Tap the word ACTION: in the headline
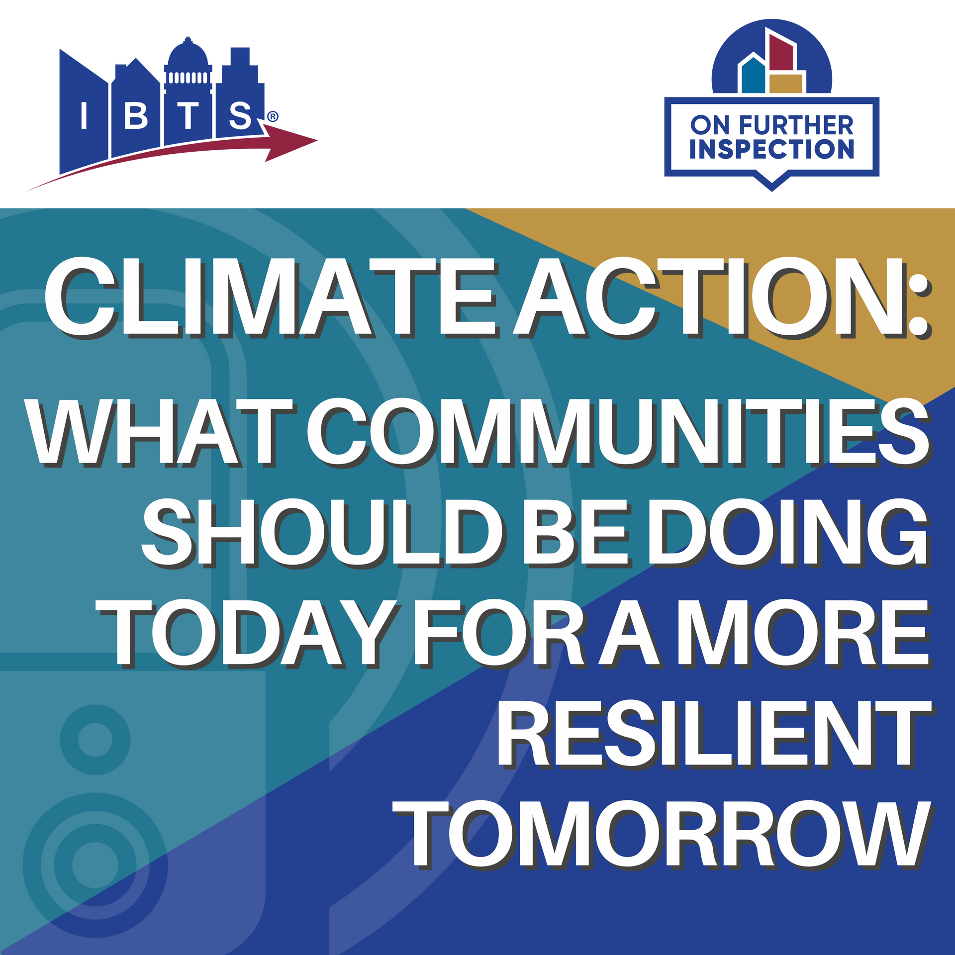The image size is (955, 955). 722,297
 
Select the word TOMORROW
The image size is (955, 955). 662,834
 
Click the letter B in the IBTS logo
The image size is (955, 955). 136,115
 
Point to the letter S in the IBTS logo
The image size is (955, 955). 240,115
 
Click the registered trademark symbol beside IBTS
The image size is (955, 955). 273,117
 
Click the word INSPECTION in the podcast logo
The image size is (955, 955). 771,149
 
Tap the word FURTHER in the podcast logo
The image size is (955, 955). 796,125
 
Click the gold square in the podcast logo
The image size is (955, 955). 786,83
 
